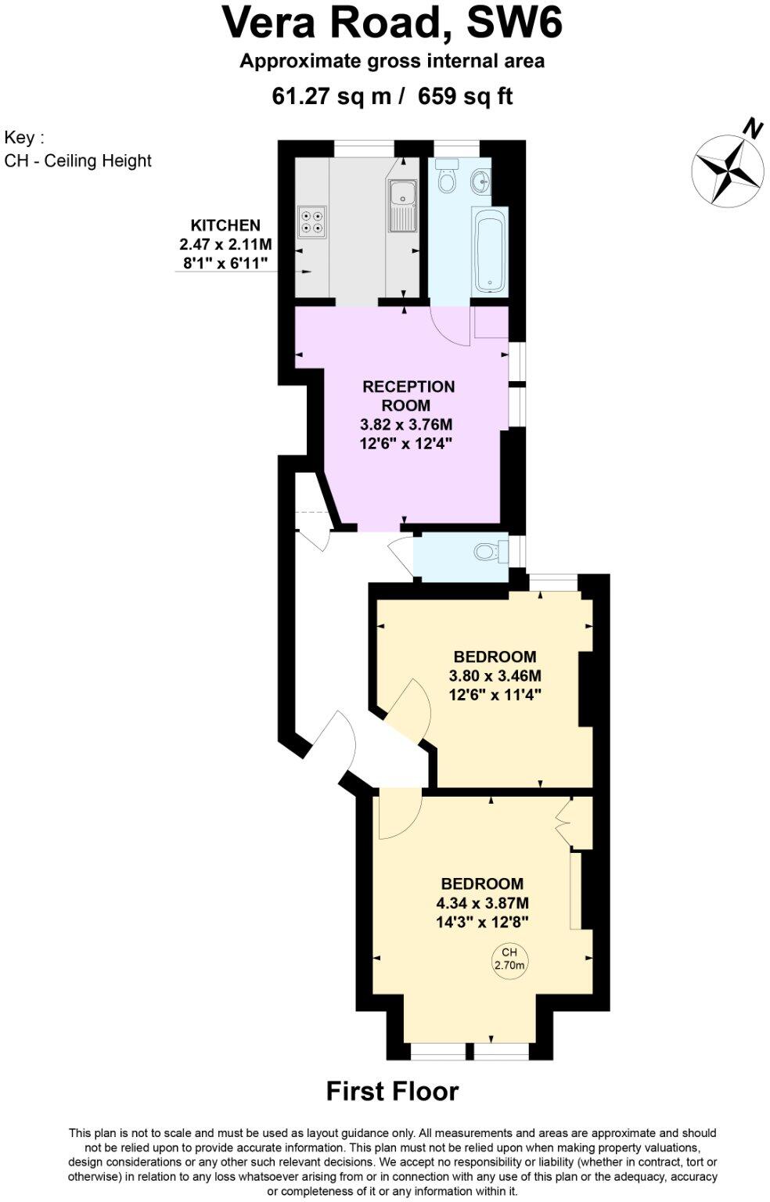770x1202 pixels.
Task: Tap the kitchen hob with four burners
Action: pos(311,221)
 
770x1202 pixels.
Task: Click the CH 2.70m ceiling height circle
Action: pos(509,959)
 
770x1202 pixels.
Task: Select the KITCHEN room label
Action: pos(225,225)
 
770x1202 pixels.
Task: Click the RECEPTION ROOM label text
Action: pos(407,396)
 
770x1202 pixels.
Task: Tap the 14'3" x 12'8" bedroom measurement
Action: pos(482,921)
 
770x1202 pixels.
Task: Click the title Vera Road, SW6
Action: pos(392,23)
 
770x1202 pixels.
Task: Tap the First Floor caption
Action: pos(392,1090)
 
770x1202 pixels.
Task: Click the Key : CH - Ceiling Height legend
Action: pos(77,149)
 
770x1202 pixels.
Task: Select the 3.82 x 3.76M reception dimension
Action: pos(406,425)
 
